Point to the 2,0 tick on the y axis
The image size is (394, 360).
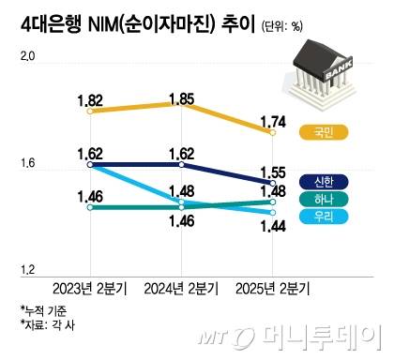[25, 59]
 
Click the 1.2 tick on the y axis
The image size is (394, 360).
[25, 270]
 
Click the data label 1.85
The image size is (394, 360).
[182, 97]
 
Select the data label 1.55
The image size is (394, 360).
[273, 172]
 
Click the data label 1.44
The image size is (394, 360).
[273, 226]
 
